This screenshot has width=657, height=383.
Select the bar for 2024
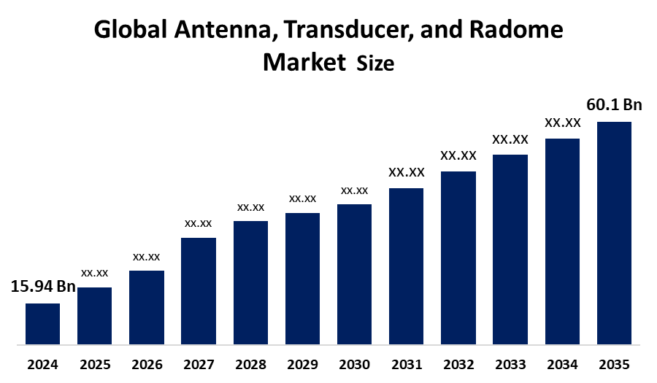42,323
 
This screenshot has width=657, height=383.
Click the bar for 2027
199,290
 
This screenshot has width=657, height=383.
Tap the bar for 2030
354,274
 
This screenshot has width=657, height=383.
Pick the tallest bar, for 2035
614,232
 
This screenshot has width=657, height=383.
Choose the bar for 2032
458,257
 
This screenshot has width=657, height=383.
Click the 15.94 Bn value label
43,287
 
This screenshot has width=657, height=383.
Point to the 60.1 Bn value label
614,105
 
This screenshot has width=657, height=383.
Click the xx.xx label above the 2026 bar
146,257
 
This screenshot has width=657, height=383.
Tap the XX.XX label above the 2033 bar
510,139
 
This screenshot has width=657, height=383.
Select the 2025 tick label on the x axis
95,364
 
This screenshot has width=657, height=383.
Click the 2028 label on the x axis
250,364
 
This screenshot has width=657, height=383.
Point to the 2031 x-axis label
407,364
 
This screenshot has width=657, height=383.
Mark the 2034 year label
562,364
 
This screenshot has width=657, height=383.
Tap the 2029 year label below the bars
302,364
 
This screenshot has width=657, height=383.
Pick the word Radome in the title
517,31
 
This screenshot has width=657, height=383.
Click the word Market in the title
304,62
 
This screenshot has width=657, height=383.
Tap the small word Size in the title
375,64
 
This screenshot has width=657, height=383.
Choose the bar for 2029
302,278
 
